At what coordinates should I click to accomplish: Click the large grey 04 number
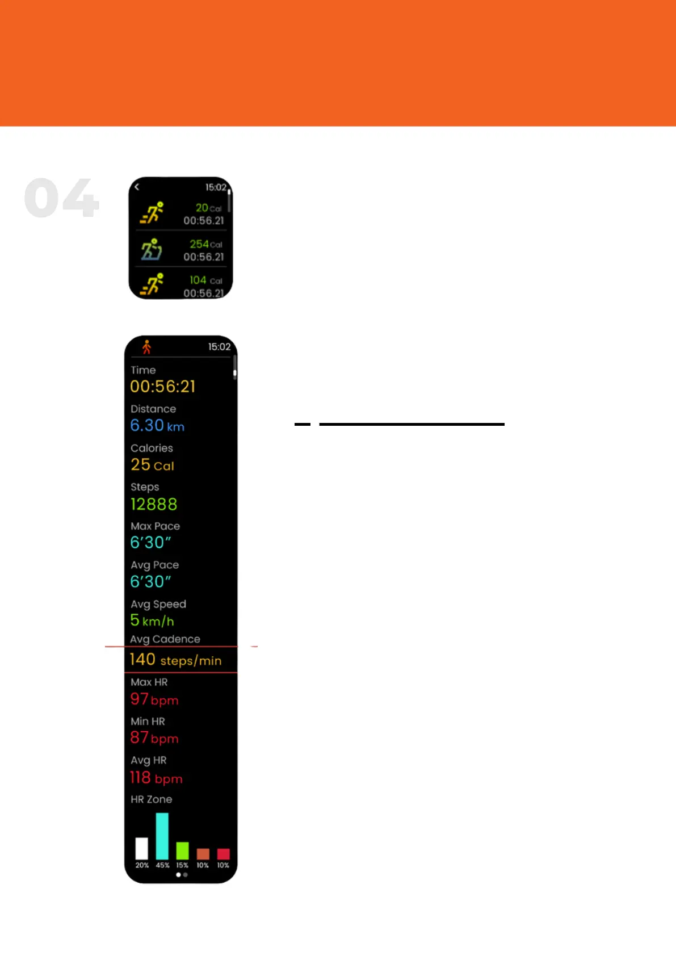[62, 198]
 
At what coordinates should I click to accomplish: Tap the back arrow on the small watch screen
[137, 187]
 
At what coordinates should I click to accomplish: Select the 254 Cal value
[205, 244]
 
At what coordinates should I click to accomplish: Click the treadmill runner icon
[152, 249]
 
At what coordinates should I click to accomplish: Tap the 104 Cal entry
[205, 280]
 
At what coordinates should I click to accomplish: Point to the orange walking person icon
[146, 347]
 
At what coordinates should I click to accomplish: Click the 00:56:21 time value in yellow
[163, 387]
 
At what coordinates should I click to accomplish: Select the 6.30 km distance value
[157, 425]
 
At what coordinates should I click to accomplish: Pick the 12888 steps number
[154, 504]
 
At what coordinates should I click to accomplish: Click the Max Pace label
[155, 526]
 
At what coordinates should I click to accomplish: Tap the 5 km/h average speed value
[152, 620]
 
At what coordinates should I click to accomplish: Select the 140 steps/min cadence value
[175, 660]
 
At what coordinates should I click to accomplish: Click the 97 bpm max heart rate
[154, 699]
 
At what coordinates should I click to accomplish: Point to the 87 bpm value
[154, 738]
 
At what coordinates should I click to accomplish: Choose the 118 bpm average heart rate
[156, 778]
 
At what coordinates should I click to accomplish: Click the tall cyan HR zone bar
[162, 836]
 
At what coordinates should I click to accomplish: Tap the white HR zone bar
[142, 848]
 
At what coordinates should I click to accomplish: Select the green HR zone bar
[182, 850]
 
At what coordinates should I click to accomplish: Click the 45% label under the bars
[162, 865]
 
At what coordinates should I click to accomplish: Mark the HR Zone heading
[151, 799]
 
